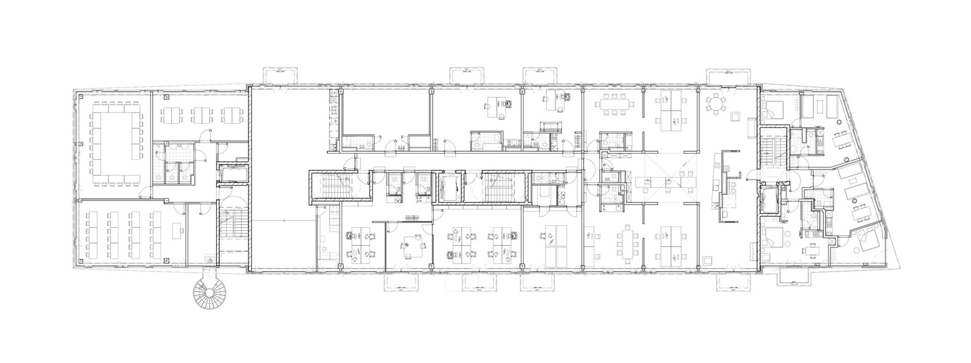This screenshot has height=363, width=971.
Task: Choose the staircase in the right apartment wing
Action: [770, 151]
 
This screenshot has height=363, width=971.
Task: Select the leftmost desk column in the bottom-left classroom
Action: [91, 236]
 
